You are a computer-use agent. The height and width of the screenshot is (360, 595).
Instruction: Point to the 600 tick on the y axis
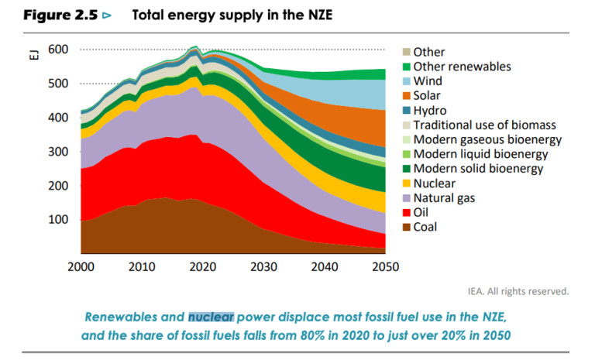point(58,50)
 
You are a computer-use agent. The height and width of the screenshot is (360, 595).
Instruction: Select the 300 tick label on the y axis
point(58,152)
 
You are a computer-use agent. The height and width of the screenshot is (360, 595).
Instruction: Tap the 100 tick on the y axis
point(58,220)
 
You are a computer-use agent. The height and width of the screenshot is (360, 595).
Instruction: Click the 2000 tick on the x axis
point(81,267)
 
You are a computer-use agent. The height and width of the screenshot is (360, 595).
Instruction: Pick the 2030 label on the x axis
point(263,267)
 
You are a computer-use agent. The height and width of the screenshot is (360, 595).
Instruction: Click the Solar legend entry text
point(427,96)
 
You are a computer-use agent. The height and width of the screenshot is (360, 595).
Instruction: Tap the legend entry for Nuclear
point(434,183)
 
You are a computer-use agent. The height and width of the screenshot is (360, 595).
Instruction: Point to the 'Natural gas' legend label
point(445,198)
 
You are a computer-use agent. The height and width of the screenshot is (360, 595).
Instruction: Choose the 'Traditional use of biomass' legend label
point(484,125)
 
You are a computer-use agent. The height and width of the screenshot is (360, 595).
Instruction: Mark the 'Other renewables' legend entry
point(462,67)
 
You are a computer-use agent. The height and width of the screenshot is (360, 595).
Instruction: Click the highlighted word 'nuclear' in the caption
point(211,317)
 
